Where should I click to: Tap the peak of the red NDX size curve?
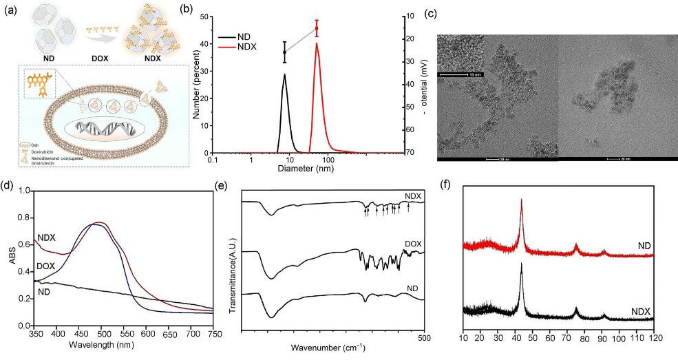click(317, 44)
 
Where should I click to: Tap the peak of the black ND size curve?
click(284, 75)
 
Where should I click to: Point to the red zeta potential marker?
click(317, 29)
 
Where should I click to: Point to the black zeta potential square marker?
click(284, 52)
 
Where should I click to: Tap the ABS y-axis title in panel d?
click(9, 258)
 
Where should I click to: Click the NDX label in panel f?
click(641, 312)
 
